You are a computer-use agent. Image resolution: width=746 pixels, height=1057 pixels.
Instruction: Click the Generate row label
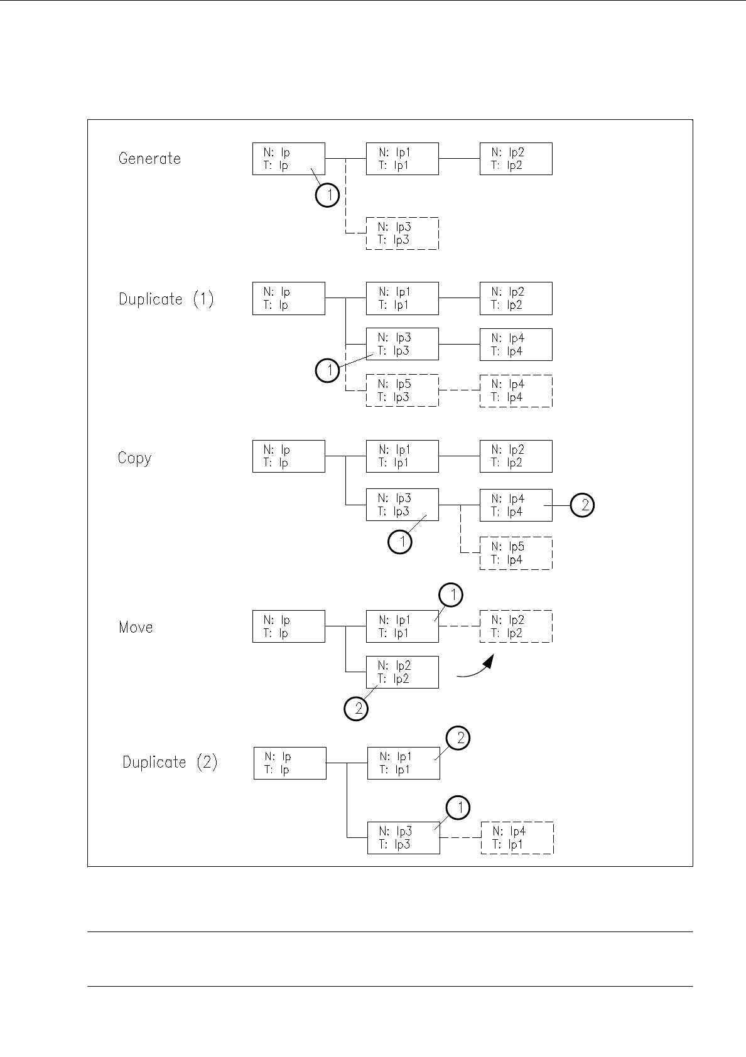coord(149,158)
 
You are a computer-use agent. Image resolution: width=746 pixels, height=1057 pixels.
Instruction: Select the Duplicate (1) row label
coord(166,299)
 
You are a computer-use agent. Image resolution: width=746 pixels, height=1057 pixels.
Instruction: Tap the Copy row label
coord(134,458)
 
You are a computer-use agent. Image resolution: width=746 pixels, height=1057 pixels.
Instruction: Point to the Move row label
coord(136,627)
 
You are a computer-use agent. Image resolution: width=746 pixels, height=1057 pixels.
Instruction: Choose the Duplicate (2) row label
coord(170,762)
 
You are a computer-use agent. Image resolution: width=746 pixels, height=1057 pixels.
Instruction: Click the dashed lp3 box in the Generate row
coord(402,233)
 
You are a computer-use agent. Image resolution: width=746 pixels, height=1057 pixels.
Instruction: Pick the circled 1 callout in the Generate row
coord(327,195)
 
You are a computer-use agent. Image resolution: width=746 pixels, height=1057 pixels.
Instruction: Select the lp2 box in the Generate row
coord(516,159)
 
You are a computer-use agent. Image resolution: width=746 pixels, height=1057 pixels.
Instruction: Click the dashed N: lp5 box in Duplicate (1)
coord(402,390)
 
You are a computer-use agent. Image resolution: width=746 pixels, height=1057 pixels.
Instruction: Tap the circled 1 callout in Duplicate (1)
coord(327,370)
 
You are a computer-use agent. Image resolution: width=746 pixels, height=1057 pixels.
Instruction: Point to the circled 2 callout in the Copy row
coord(583,505)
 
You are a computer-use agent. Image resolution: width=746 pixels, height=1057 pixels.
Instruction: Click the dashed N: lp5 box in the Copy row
coord(516,553)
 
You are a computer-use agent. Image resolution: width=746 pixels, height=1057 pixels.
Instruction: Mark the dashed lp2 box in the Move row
coord(516,626)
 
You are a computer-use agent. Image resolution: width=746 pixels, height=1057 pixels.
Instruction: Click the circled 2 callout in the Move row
coord(356,709)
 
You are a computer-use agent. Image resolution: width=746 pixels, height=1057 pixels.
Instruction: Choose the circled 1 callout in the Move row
coord(450,595)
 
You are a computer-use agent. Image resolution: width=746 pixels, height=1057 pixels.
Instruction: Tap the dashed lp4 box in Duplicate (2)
coord(517,838)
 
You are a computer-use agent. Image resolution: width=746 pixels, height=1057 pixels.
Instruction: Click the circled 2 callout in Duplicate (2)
coord(458,738)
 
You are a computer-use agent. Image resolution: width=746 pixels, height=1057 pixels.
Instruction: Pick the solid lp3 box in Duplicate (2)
coord(403,838)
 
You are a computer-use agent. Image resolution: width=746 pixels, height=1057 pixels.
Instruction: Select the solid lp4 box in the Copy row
coord(516,505)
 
